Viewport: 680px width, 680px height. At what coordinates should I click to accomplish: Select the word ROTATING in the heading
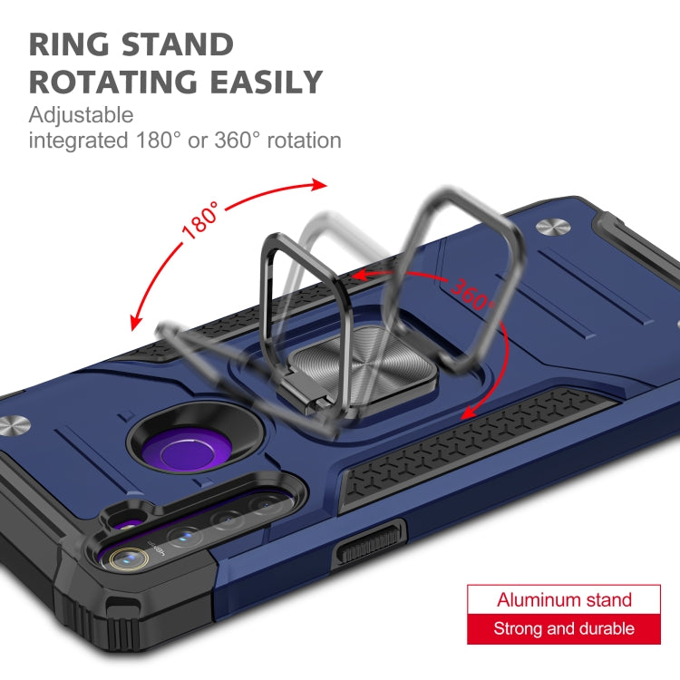[115, 83]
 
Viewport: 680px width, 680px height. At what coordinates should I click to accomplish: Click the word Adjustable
[82, 115]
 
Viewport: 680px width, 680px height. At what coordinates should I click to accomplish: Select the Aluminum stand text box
[564, 599]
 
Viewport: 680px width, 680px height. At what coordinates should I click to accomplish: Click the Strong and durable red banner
[564, 628]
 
